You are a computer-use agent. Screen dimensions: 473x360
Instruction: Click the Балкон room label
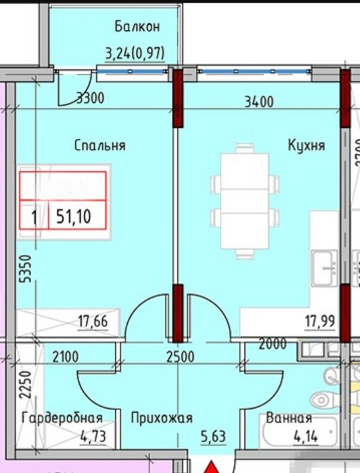click(x=137, y=27)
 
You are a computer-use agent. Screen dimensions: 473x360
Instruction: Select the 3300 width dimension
click(x=90, y=97)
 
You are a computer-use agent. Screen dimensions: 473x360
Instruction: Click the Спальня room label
click(x=100, y=145)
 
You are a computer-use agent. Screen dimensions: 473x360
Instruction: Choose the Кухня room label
click(x=306, y=145)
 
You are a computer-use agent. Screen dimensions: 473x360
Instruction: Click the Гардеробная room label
click(x=62, y=418)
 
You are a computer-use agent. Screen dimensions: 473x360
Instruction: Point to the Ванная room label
click(x=288, y=418)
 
